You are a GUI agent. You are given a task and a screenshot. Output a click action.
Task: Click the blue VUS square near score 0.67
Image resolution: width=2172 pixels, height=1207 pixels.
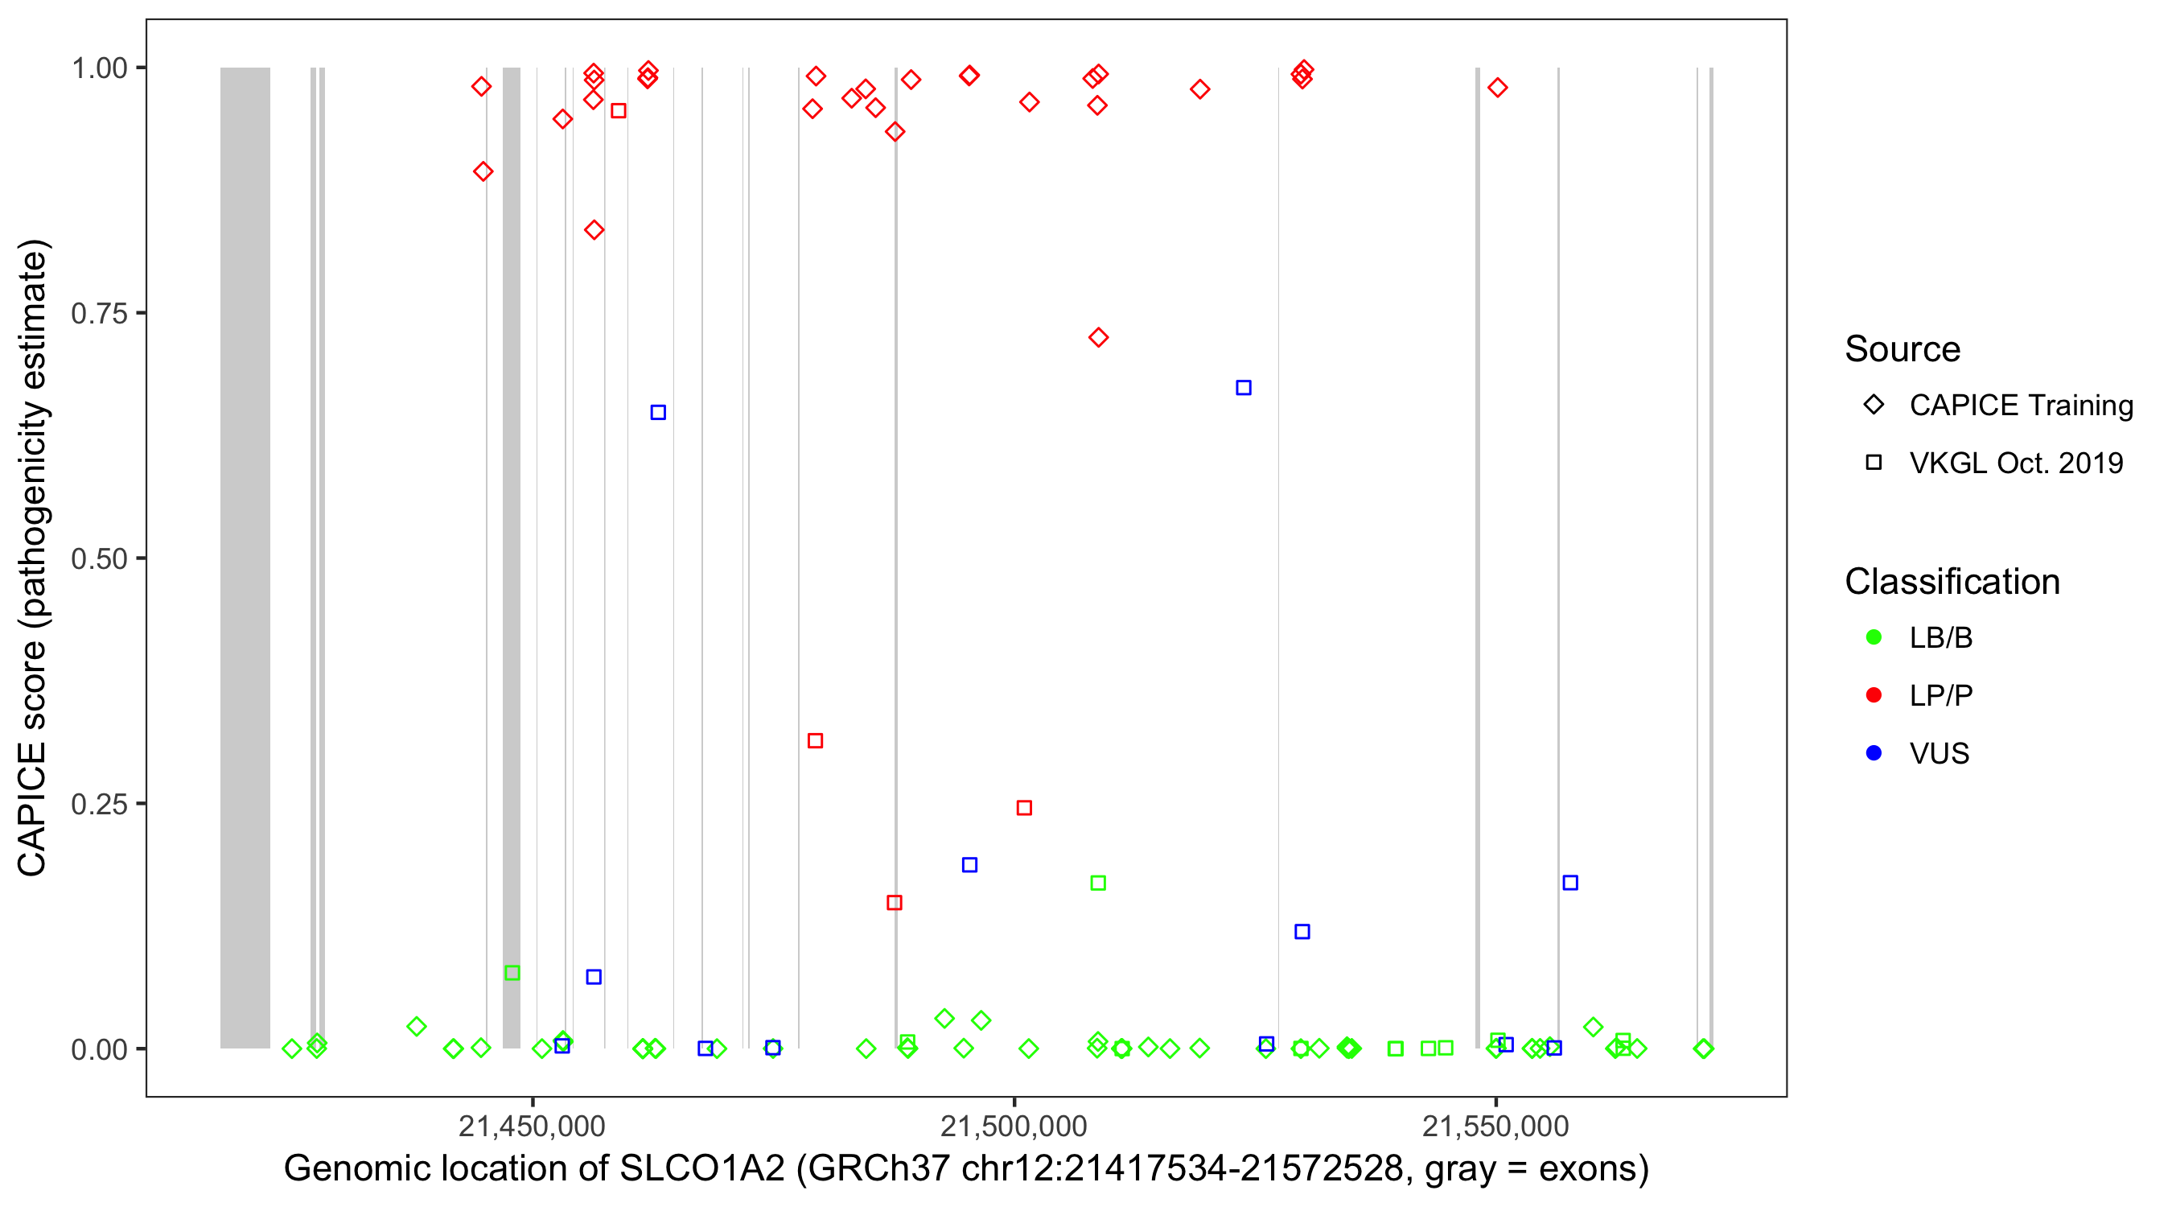pos(1243,388)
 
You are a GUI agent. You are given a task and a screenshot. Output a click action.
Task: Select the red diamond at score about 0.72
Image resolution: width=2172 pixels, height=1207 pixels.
pos(1098,337)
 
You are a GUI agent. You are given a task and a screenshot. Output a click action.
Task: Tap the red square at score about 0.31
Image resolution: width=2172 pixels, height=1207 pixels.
pos(814,740)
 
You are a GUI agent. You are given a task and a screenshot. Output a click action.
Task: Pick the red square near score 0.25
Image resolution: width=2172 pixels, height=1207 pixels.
pos(1023,808)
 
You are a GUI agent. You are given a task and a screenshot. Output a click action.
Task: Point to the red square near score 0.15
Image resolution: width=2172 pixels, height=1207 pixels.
pos(895,903)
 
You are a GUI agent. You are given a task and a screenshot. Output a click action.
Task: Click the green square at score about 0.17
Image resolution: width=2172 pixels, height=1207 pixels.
pos(1098,883)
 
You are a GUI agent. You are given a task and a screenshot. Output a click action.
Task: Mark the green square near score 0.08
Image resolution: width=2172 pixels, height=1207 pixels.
pos(512,973)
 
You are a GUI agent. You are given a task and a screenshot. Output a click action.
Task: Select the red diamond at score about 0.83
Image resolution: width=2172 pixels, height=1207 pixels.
pos(594,230)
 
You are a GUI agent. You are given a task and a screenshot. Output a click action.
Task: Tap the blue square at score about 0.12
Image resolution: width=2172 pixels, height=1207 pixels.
pos(1302,931)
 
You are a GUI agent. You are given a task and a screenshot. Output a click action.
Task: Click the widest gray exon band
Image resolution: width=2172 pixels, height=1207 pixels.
pos(245,557)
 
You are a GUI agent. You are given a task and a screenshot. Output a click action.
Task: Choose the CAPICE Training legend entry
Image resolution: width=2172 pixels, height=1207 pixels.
pos(2020,406)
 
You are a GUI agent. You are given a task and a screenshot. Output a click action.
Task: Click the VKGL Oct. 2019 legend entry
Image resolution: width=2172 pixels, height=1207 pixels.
pos(2015,463)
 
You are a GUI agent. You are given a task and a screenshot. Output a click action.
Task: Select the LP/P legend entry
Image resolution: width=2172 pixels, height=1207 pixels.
pos(1940,696)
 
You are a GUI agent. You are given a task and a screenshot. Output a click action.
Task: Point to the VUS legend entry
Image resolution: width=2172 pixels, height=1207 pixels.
pos(1939,753)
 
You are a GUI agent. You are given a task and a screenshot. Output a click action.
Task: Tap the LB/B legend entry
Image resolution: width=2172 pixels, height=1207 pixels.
pos(1940,637)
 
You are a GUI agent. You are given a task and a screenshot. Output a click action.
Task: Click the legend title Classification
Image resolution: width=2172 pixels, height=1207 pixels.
pos(1952,582)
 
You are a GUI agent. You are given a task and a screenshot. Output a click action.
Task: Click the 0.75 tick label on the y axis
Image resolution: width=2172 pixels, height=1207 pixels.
pos(98,314)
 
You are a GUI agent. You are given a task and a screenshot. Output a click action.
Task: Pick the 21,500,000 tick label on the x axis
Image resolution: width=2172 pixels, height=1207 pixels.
pos(1014,1126)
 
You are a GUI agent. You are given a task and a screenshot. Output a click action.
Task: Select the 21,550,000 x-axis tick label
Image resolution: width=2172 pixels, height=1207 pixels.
pos(1495,1126)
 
